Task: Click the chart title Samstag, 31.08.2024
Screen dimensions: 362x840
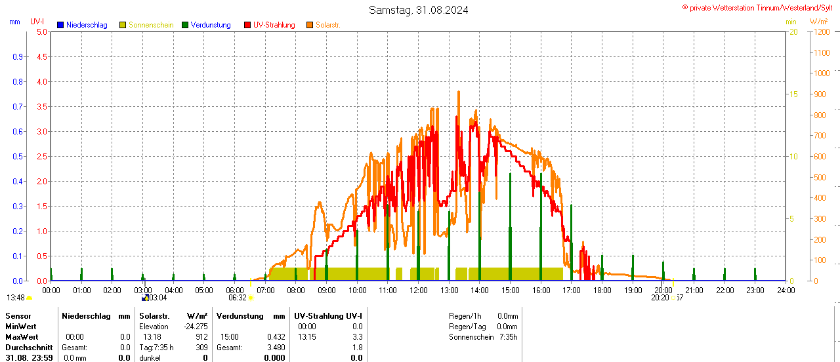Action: pos(418,10)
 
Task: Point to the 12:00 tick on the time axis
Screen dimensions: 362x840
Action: pos(418,290)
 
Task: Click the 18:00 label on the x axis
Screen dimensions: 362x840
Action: pos(602,290)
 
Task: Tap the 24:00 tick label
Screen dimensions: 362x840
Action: pos(786,290)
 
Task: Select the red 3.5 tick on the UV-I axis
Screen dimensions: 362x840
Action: pos(41,106)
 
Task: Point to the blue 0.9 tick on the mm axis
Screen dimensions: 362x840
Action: pos(18,56)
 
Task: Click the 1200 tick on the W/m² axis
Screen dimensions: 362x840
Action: pos(821,31)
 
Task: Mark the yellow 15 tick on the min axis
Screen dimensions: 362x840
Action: pos(793,94)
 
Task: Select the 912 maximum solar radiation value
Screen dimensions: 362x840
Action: pos(201,337)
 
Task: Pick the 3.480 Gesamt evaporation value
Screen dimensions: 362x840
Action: pos(276,348)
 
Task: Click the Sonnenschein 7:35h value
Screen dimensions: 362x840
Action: pos(507,337)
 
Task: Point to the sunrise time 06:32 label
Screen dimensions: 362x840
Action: pos(237,298)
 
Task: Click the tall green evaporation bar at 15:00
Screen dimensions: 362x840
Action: pos(510,226)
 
